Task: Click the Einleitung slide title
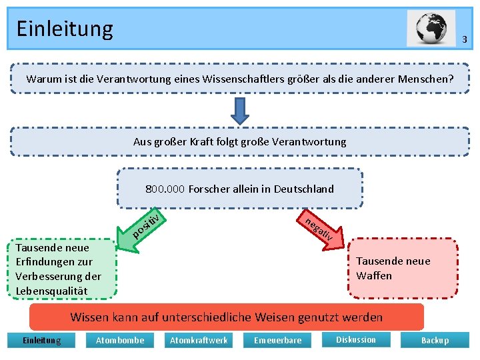(x=65, y=29)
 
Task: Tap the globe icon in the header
(x=431, y=29)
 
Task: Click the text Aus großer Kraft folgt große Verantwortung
(x=239, y=141)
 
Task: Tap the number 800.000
(x=165, y=189)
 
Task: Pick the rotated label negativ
(x=319, y=229)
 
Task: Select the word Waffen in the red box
(x=374, y=275)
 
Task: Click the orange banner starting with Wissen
(x=227, y=317)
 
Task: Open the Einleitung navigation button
(x=41, y=341)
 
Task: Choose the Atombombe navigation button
(x=120, y=341)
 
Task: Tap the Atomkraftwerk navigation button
(x=199, y=341)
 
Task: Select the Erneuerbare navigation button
(x=277, y=341)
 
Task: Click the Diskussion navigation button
(x=355, y=340)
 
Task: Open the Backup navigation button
(x=435, y=341)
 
